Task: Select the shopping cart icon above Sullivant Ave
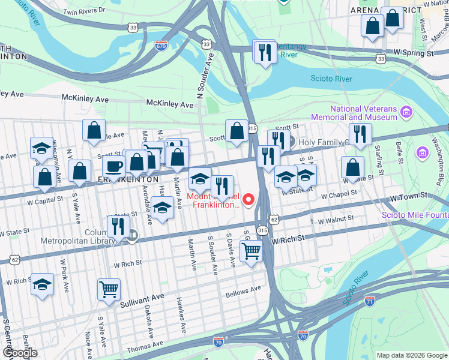[x=109, y=289]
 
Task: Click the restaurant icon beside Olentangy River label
[x=264, y=52]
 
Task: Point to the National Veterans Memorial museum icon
[x=407, y=112]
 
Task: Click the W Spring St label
[x=412, y=53]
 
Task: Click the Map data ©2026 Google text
[x=412, y=355]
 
